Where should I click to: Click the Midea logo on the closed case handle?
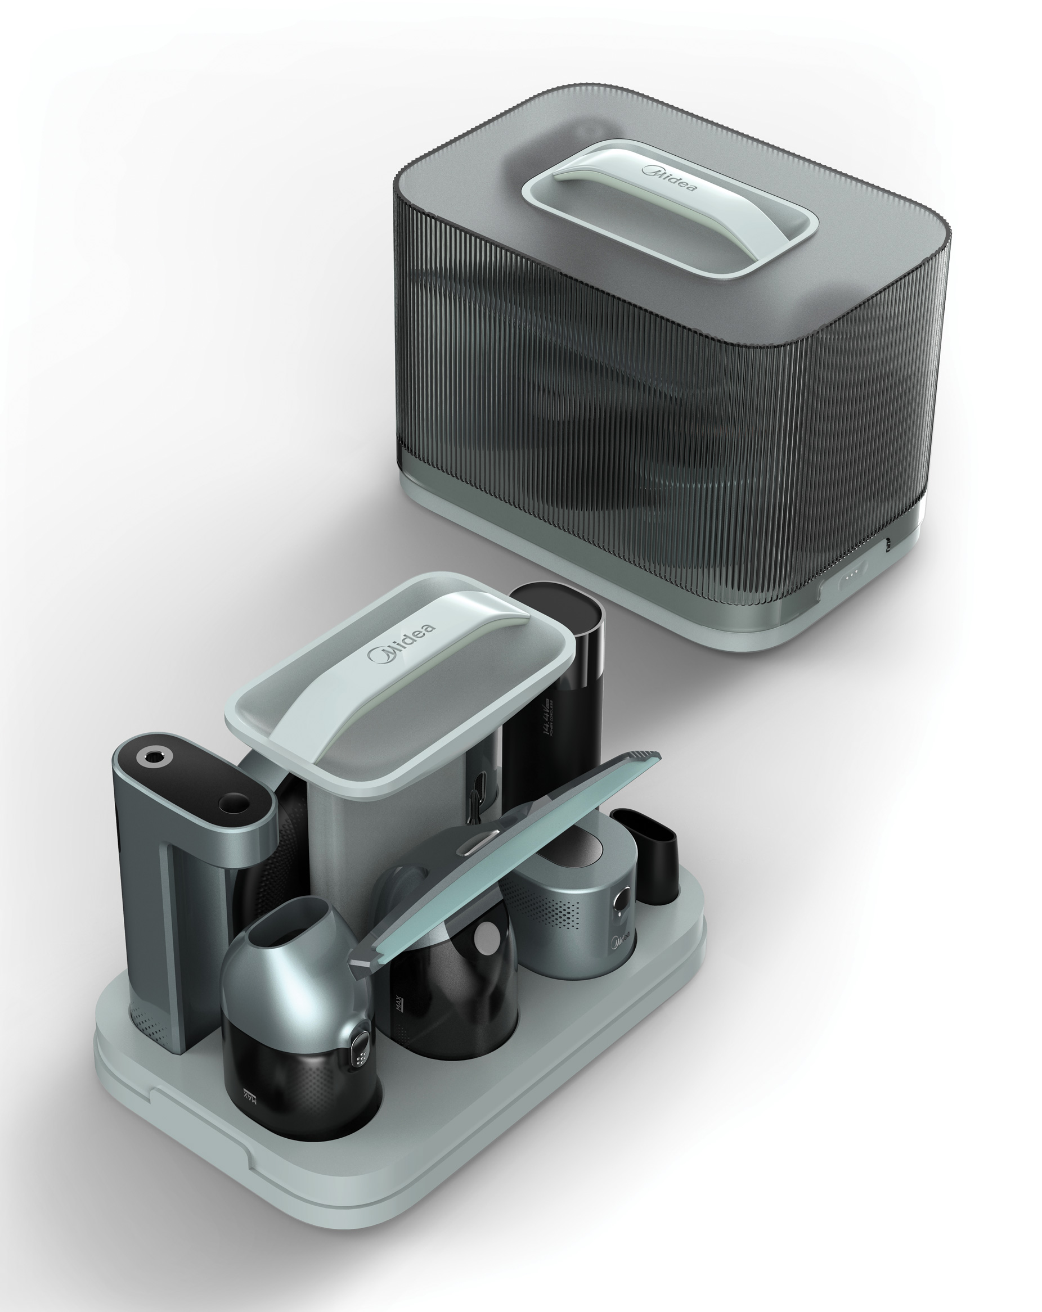pos(671,179)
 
